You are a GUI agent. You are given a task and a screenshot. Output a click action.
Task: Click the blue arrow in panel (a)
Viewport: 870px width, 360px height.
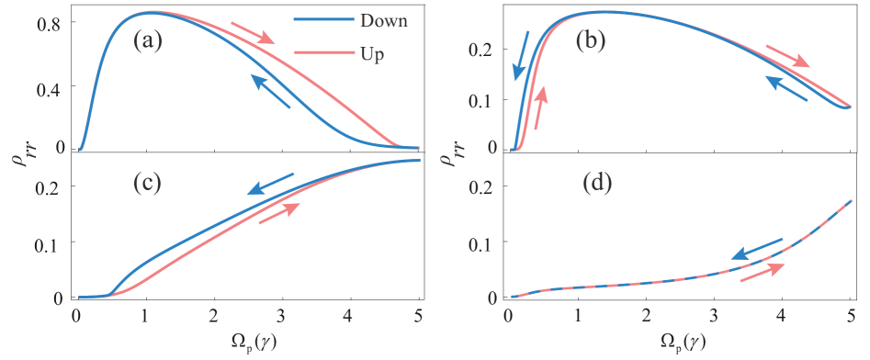click(x=272, y=93)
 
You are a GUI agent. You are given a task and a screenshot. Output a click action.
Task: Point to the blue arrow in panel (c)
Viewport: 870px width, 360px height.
click(x=271, y=183)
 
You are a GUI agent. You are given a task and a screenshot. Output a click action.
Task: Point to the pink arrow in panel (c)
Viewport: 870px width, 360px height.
click(x=279, y=213)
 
